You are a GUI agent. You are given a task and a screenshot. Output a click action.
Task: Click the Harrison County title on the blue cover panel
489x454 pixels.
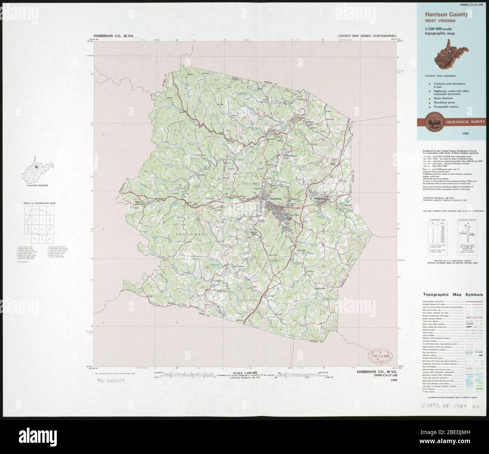click(x=446, y=15)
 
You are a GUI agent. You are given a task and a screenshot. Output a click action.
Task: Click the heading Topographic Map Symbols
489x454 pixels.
click(x=453, y=295)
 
